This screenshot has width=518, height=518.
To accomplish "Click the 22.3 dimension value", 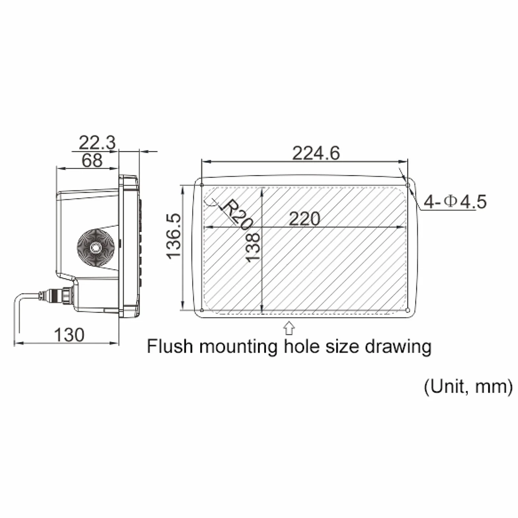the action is [x=97, y=143].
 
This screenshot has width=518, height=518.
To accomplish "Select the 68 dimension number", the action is [x=92, y=160].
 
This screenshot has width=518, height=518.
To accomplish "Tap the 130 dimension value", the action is [x=69, y=335].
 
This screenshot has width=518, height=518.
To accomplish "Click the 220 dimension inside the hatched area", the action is [x=304, y=219].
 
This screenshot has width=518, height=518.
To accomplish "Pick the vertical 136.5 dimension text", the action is [x=174, y=236].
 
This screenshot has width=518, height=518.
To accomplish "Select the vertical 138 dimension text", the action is [x=253, y=247].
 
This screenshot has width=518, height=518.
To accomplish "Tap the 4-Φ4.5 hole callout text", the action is [x=455, y=202].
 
